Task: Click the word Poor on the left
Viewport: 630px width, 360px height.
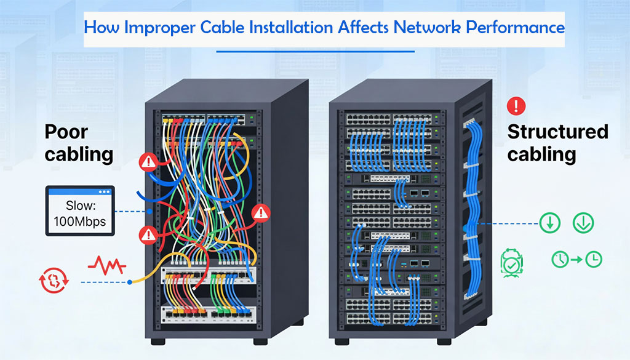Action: tap(66, 132)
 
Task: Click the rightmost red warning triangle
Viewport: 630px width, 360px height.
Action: tap(262, 212)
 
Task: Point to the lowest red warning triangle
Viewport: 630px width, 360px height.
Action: tap(148, 233)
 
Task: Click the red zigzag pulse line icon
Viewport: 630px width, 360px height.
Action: tap(107, 265)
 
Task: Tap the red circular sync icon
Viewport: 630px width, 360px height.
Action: tap(54, 281)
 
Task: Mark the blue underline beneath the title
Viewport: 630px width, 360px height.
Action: tap(316, 52)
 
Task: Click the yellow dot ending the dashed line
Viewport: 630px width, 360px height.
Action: tap(130, 282)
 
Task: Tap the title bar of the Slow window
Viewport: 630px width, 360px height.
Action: tap(81, 192)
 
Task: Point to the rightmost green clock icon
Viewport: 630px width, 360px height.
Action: tap(593, 260)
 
